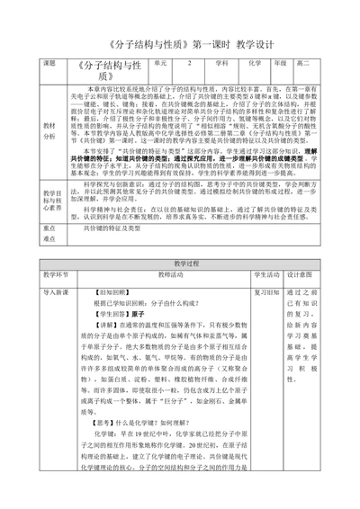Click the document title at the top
coord(180,42)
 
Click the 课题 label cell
coord(50,65)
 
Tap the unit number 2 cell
coord(191,65)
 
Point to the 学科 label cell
coord(222,65)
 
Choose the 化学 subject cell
coord(254,65)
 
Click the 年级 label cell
coord(282,65)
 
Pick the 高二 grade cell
coord(307,65)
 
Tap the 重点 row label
coord(50,228)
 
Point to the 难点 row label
coord(50,239)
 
